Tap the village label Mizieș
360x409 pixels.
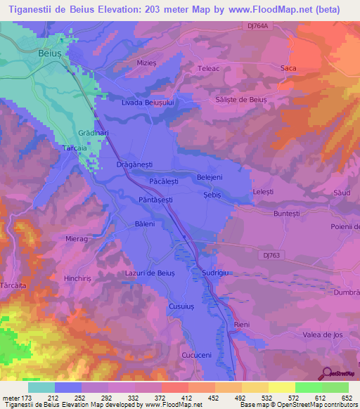point(146,63)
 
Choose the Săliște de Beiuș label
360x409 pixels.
point(242,100)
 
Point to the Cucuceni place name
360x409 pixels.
point(196,355)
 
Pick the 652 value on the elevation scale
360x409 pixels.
point(346,398)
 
